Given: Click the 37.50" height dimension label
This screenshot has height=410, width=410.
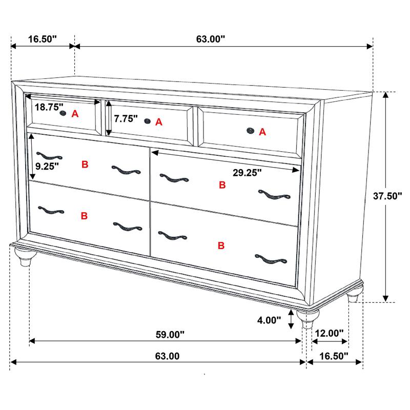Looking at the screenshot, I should (x=388, y=196).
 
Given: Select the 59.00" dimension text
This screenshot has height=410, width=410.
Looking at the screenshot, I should (x=169, y=335).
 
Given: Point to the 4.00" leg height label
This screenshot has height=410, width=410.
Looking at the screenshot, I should (x=269, y=320).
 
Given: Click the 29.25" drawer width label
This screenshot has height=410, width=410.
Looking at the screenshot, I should (x=247, y=173).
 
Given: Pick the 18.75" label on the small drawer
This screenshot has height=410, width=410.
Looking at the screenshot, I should (x=49, y=107).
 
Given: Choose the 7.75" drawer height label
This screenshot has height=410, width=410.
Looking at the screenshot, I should (x=126, y=119).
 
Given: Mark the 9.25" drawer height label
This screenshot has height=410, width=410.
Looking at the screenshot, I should (x=47, y=166).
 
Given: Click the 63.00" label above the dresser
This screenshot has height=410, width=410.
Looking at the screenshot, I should (x=211, y=39).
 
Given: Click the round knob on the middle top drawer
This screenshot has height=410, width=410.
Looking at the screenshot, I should (x=148, y=121).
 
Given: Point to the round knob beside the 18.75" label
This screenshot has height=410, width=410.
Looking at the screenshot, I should (x=64, y=113).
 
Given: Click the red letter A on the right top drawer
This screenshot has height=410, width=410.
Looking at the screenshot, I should (x=262, y=132).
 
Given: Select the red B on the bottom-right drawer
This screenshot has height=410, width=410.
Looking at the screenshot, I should (x=221, y=246).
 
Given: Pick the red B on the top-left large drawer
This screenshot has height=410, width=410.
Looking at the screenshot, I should (x=85, y=165).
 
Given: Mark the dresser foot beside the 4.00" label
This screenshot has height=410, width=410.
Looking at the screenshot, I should (x=307, y=320).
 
